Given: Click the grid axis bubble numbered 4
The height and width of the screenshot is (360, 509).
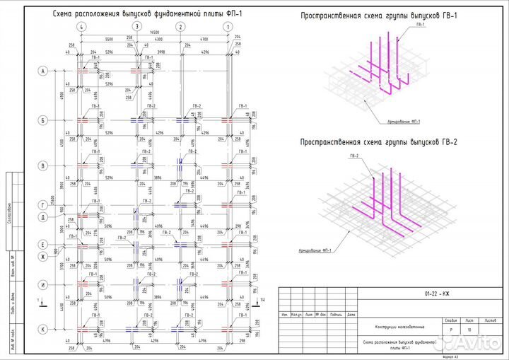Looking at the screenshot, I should point(83,26).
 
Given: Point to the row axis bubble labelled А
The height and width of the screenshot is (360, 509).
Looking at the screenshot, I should point(42,71).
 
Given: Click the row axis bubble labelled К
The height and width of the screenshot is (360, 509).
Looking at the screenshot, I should point(42,329).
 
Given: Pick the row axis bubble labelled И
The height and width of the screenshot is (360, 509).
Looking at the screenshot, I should point(42,284).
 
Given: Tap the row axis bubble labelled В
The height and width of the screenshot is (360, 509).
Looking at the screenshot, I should point(42,166).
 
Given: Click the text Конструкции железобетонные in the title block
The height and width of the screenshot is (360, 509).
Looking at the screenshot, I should point(400,326).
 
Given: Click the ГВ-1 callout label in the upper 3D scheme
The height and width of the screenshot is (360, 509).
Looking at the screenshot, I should point(421,25).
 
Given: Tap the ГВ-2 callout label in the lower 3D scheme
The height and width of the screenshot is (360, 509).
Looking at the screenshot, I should point(353,155).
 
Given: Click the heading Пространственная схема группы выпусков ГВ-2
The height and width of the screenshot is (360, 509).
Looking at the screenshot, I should point(379,142).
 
